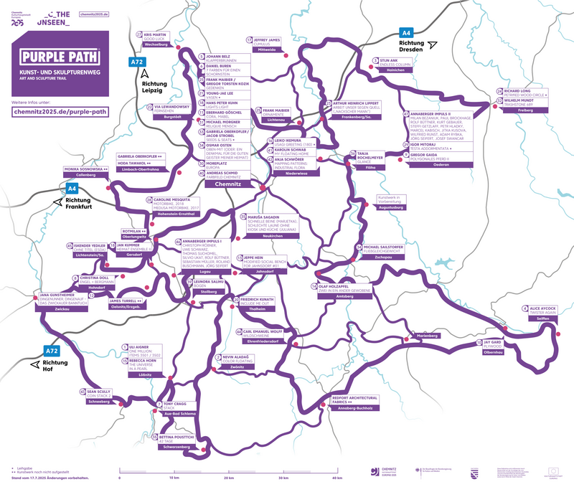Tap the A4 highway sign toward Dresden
pos(406,33)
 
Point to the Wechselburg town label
pos(156,44)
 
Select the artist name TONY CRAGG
pos(174,403)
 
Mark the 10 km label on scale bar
pos(174,476)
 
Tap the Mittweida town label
pos(267,50)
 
